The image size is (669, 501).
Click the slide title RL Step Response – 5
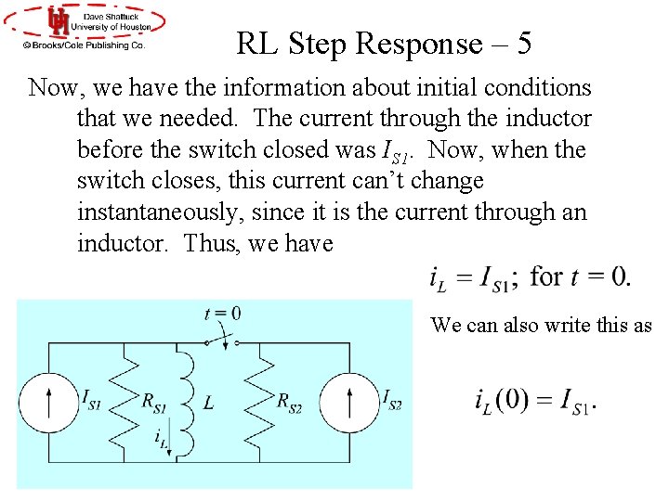click(x=384, y=44)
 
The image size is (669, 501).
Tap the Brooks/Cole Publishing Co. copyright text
click(x=85, y=44)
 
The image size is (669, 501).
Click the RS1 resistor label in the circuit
click(x=154, y=401)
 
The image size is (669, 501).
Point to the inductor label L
click(x=208, y=403)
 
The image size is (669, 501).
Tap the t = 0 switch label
click(x=222, y=314)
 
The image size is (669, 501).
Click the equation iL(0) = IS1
click(x=535, y=401)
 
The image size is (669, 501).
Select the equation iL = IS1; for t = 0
click(x=530, y=276)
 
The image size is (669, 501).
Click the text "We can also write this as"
click(x=542, y=325)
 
